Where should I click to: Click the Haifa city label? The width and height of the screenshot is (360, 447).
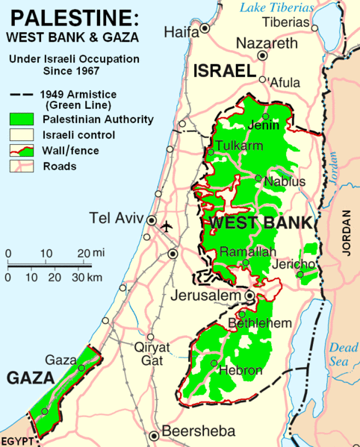pyautogui.click(x=182, y=32)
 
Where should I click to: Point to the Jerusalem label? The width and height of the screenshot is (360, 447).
pyautogui.click(x=210, y=296)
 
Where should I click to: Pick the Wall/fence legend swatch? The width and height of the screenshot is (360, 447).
pyautogui.click(x=22, y=151)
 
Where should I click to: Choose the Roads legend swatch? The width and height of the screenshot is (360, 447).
pyautogui.click(x=22, y=166)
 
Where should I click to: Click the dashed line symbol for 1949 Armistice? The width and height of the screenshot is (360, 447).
pyautogui.click(x=22, y=96)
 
